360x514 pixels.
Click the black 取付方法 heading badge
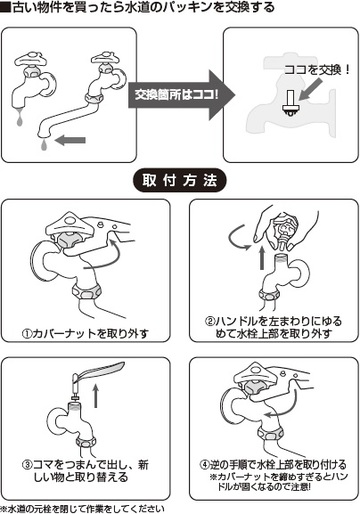coord(180,180)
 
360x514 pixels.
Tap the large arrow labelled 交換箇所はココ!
coord(182,95)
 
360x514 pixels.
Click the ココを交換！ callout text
coord(317,70)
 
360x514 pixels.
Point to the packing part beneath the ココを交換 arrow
coord(290,103)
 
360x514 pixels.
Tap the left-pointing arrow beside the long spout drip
coord(70,140)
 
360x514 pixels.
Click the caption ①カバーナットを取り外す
coord(85,333)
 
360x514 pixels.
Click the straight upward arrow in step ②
coord(262,258)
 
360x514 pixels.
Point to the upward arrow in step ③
coord(96,395)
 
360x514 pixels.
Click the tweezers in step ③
coord(97,371)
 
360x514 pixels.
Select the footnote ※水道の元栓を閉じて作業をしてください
coord(83,509)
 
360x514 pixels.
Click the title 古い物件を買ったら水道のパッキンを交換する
coord(143,7)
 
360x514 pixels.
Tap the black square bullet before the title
coord(6,7)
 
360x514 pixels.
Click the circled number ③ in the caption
coord(28,465)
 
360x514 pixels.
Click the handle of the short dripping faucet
coord(31,60)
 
